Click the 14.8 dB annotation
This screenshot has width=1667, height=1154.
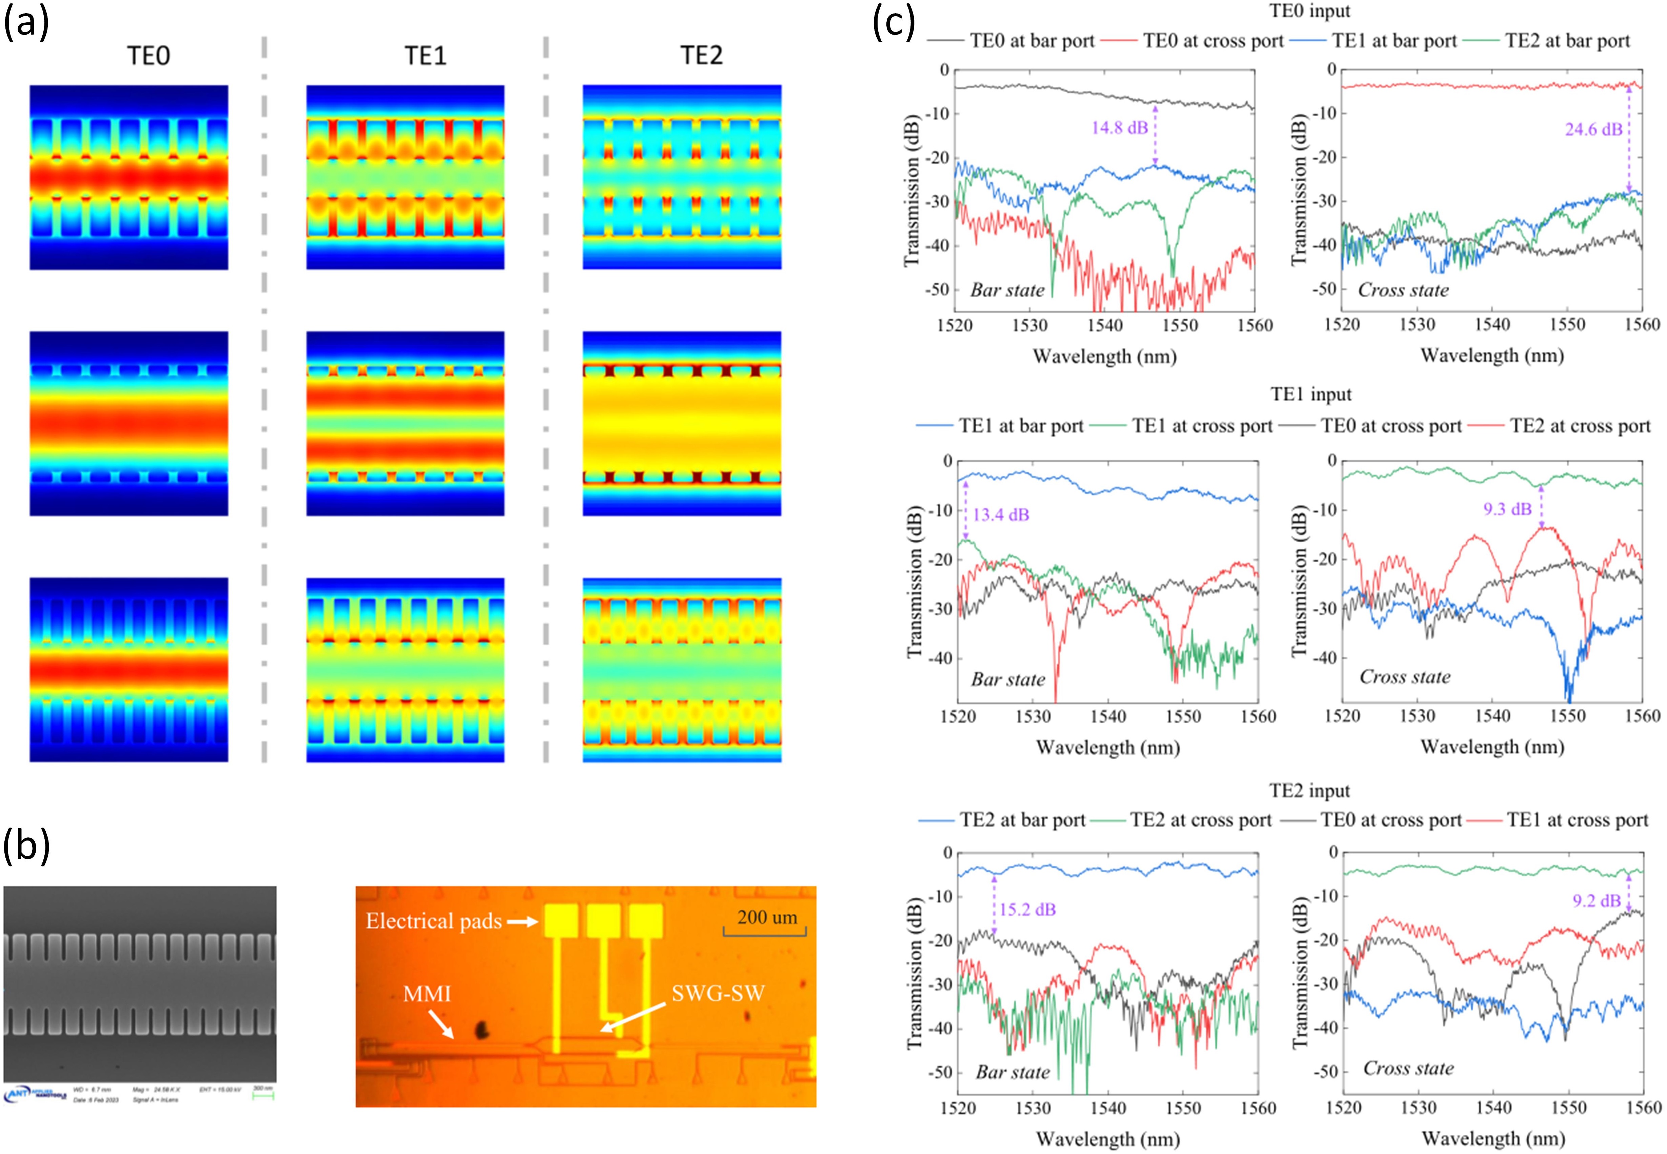pyautogui.click(x=1119, y=128)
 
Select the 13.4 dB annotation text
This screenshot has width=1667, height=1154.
pyautogui.click(x=1001, y=515)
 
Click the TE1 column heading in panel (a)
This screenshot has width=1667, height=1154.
pyautogui.click(x=426, y=56)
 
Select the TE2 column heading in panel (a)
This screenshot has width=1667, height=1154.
pyautogui.click(x=701, y=56)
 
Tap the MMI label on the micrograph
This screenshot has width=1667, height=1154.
pyautogui.click(x=427, y=994)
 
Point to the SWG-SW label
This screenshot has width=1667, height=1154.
pyautogui.click(x=718, y=993)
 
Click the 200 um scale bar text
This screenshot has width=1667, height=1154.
pyautogui.click(x=767, y=917)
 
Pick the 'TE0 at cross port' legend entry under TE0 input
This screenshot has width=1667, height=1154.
pyautogui.click(x=1213, y=41)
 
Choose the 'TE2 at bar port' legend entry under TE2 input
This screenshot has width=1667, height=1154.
pyautogui.click(x=1022, y=820)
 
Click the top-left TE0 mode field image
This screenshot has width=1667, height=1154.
pyautogui.click(x=129, y=177)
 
